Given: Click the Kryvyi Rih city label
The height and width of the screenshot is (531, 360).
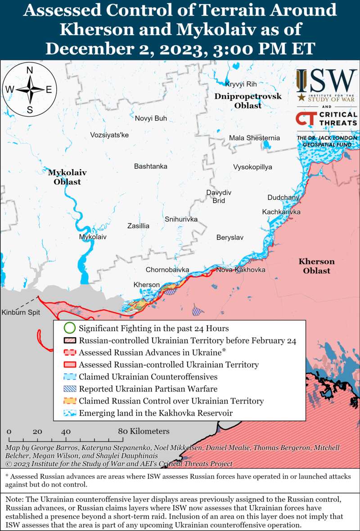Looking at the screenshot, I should (240, 85).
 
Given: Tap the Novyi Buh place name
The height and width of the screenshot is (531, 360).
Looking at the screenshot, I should (151, 118).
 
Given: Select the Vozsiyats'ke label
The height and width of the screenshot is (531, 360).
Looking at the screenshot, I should (109, 135).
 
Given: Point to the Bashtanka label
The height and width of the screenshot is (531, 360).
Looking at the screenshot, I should (151, 166).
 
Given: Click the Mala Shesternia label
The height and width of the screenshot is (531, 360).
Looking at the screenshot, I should (254, 138).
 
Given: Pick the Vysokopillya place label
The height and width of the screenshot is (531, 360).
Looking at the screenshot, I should (252, 167).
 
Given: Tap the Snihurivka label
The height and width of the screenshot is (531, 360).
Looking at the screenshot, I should (181, 220).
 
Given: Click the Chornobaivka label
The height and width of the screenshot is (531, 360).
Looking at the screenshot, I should (167, 270).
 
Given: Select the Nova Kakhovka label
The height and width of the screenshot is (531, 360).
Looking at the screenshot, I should (241, 270).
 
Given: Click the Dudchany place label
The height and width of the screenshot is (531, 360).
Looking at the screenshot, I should (283, 198).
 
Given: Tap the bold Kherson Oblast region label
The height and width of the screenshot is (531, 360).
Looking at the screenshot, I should (316, 266).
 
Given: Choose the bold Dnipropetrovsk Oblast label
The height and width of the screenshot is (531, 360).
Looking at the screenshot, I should (248, 101).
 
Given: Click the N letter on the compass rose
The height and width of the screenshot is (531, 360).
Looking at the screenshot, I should (30, 70).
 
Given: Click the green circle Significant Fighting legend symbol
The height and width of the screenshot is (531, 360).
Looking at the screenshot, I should (69, 328).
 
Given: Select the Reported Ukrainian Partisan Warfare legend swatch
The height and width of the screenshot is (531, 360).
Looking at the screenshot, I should (69, 389).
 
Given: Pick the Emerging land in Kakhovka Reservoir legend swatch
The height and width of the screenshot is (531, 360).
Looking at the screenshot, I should (69, 413).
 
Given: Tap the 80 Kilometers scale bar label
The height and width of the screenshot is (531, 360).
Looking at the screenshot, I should (144, 432).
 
